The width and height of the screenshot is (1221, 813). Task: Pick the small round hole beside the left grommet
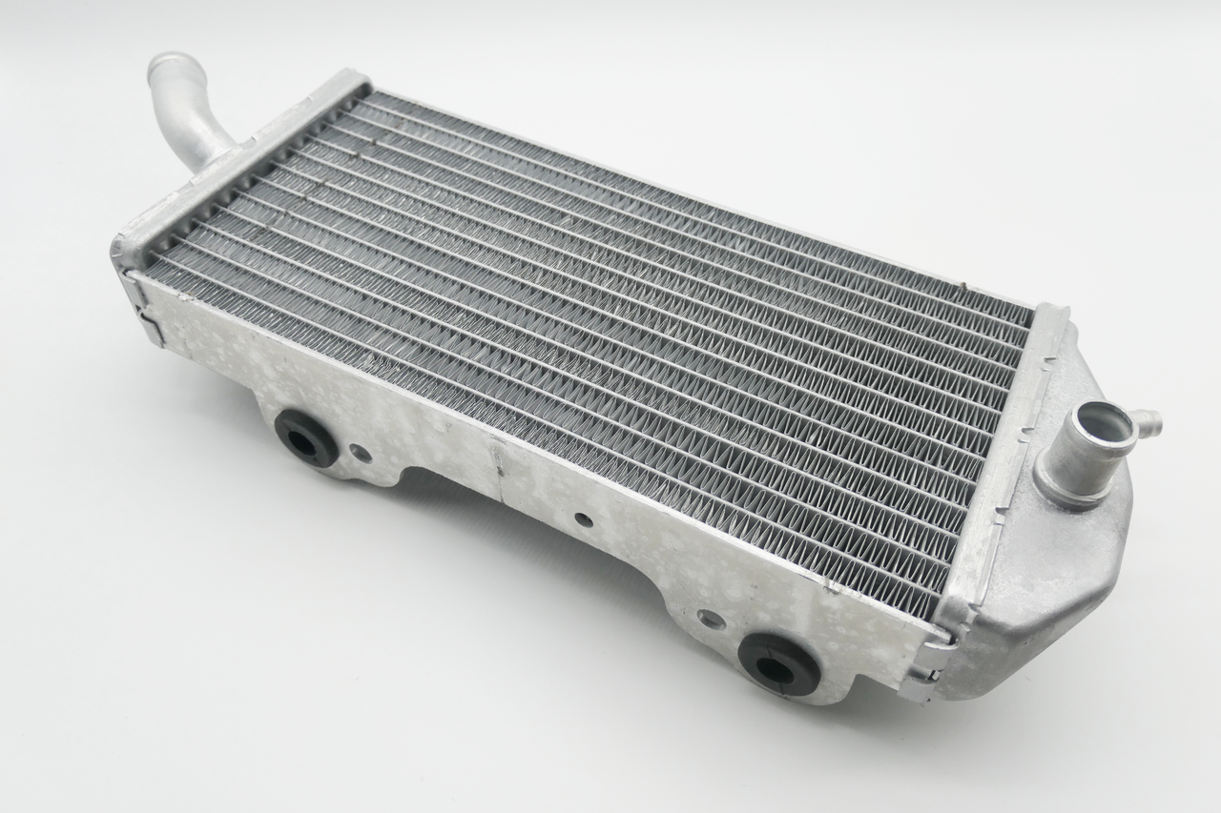coord(362,455)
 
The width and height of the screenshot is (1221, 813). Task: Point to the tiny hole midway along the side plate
coord(580,520)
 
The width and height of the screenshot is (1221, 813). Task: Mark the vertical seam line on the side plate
coord(497,459)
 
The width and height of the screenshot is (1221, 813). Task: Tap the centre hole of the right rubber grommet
coord(778,664)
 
